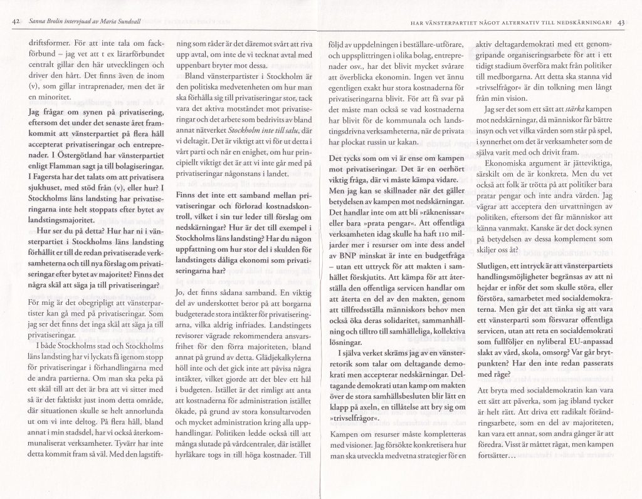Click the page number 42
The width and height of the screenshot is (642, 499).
coord(16,23)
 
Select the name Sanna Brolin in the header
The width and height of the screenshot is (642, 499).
coord(46,23)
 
